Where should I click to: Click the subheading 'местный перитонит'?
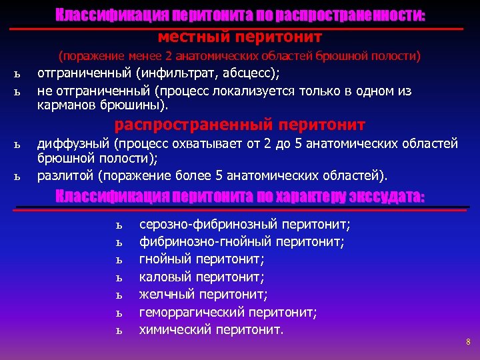(240, 35)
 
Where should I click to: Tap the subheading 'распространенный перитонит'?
(240, 125)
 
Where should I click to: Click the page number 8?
(468, 342)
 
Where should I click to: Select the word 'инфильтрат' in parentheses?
(183, 72)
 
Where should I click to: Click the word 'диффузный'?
(73, 143)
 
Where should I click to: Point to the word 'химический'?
(175, 329)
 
